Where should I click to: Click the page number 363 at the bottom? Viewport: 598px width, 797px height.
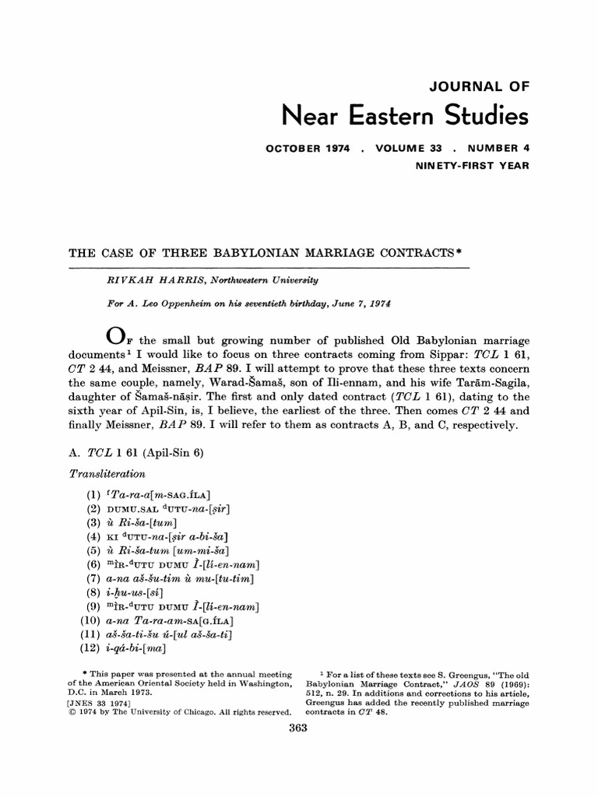click(299, 728)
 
